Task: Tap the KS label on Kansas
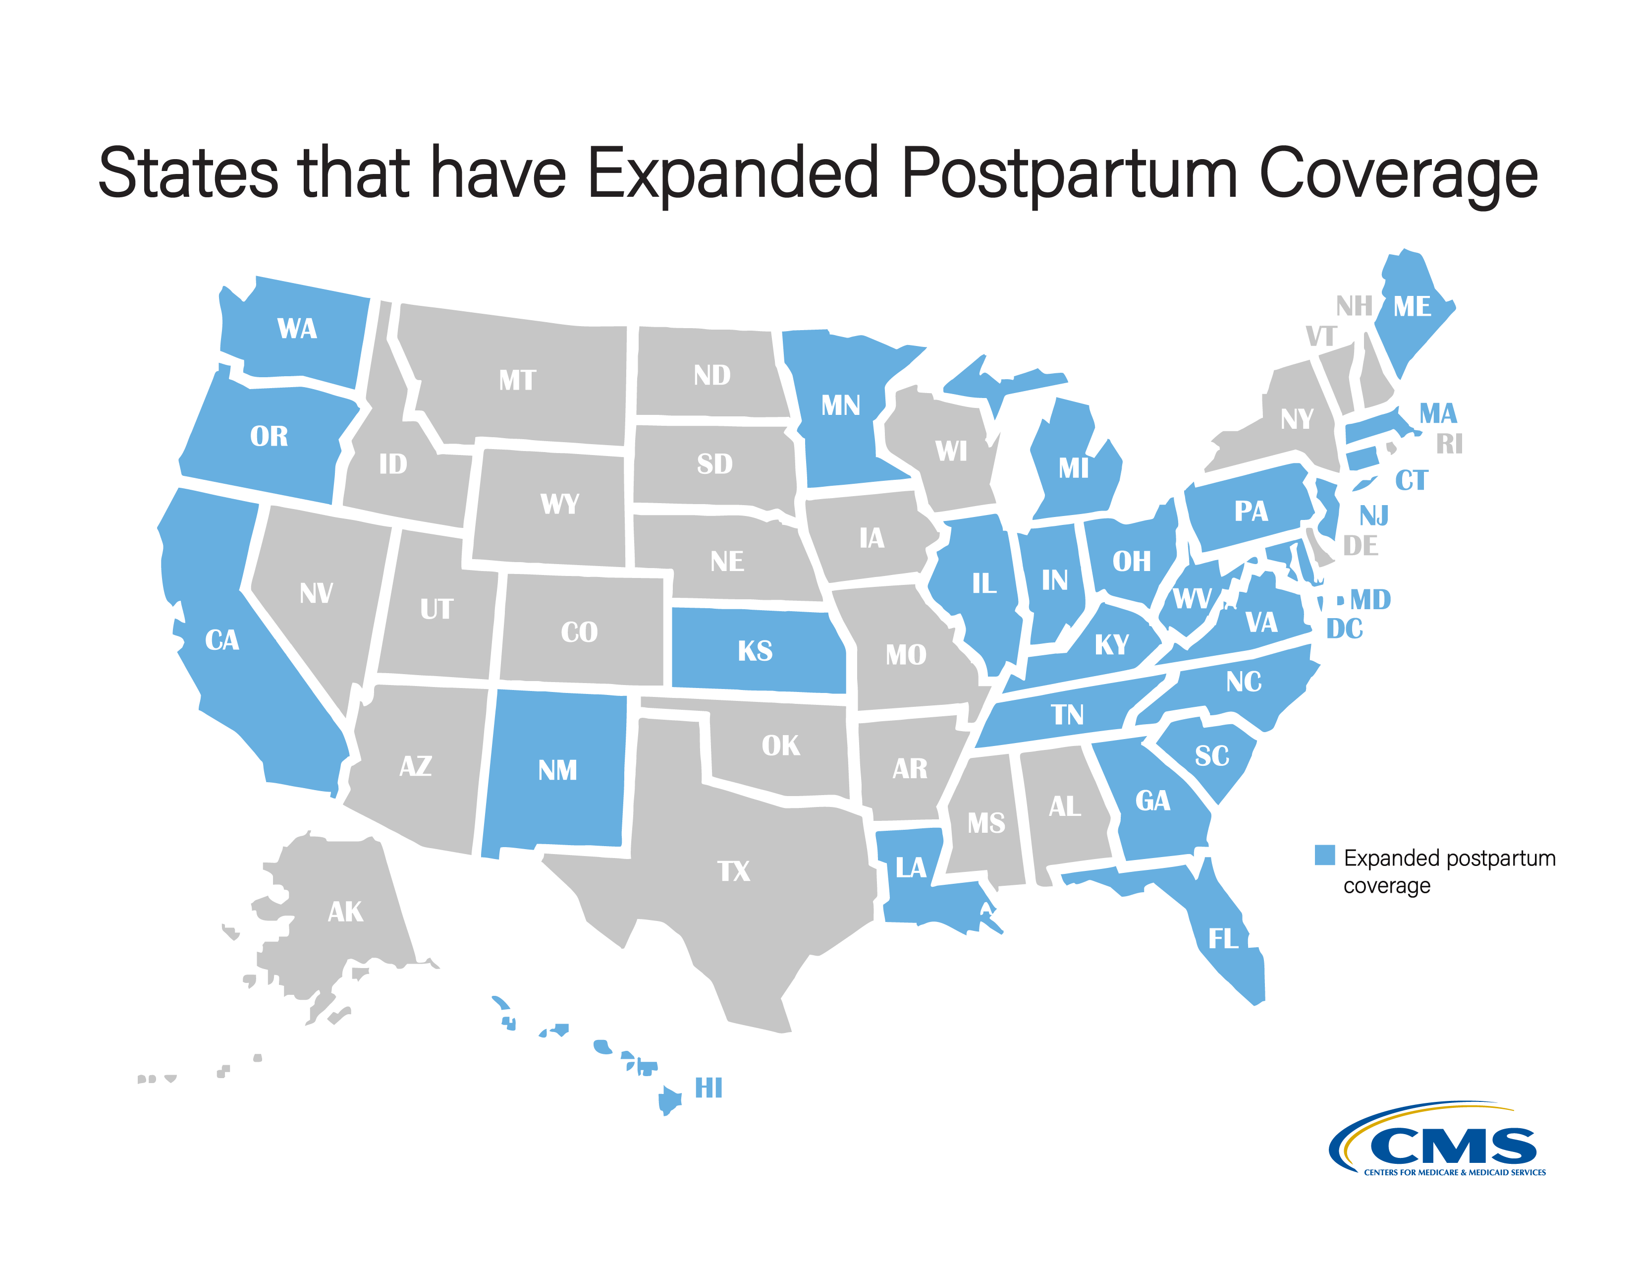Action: [x=755, y=651]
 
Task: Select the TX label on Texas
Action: [x=734, y=871]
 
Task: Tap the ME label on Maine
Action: [x=1412, y=306]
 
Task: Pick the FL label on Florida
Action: [x=1223, y=938]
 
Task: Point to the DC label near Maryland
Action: [x=1345, y=629]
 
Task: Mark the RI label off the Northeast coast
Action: [x=1449, y=444]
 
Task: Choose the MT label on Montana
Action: [x=517, y=380]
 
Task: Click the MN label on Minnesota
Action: [x=841, y=406]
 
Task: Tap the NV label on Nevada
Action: [x=316, y=594]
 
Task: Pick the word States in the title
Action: [x=188, y=173]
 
